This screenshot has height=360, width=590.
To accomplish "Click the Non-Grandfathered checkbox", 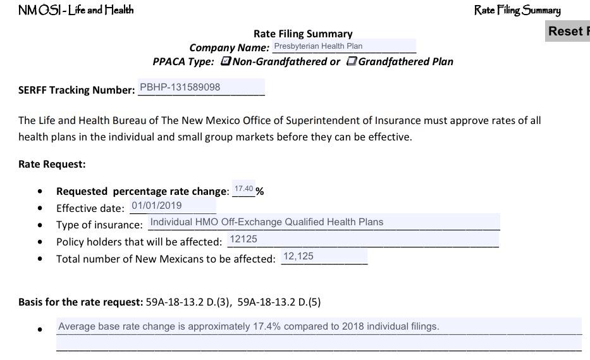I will pos(226,61).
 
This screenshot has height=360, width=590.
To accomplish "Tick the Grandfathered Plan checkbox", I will pos(352,61).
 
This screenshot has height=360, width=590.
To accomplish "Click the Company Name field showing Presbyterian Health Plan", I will pos(344,46).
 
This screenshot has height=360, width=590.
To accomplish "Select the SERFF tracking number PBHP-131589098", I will pos(200,87).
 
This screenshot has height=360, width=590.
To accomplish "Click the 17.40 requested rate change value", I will pos(243,189).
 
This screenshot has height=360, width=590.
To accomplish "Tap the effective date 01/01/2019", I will pos(173,206).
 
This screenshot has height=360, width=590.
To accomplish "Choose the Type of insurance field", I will pos(324,222).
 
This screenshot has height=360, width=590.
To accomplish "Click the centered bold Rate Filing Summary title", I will pos(303,34).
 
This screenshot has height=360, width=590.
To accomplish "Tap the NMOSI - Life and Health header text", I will pos(76,10).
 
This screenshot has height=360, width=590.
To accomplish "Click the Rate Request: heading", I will pos(52,164).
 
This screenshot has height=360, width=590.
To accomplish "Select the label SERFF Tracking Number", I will pos(77,90).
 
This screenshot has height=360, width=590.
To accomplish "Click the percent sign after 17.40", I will pos(260,191).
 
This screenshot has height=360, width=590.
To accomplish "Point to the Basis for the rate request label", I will pos(81,302).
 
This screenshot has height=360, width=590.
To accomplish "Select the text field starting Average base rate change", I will pos(319,326).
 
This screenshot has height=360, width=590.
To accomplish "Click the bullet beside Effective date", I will pos(40,208).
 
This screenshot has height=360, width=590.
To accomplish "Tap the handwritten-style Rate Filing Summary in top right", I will pos(517,10).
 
